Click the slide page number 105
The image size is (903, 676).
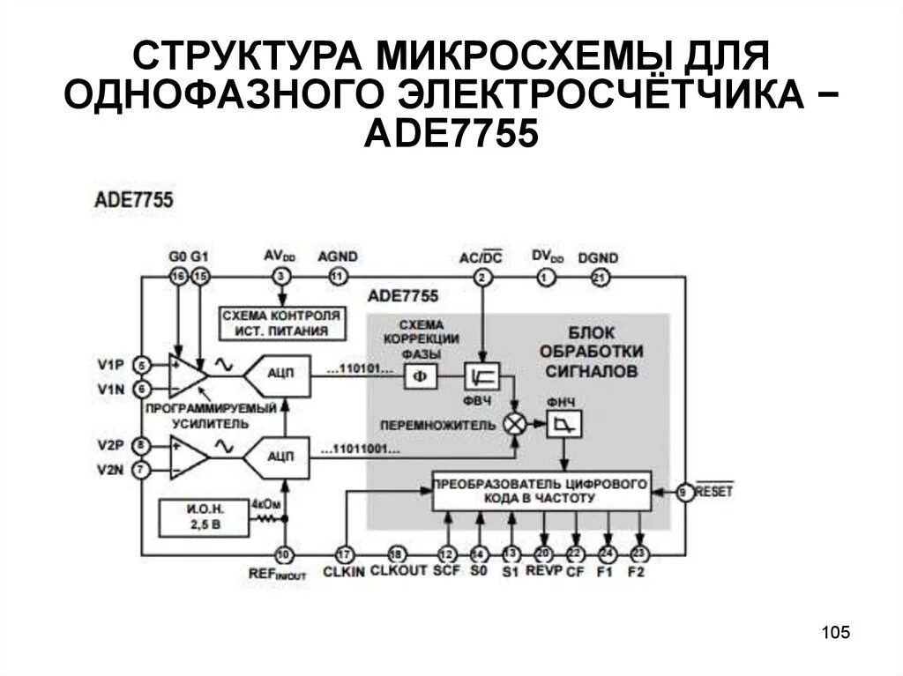tap(834, 632)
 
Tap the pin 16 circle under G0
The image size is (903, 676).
tap(179, 277)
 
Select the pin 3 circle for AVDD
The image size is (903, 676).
tap(282, 277)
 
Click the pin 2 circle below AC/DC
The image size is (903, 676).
tap(481, 278)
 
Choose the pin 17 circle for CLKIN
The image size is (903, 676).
tap(346, 554)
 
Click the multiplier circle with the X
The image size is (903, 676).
tap(514, 424)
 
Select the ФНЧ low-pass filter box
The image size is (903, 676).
tap(561, 426)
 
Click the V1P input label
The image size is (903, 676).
tap(111, 363)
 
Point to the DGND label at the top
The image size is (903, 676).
tap(598, 257)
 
